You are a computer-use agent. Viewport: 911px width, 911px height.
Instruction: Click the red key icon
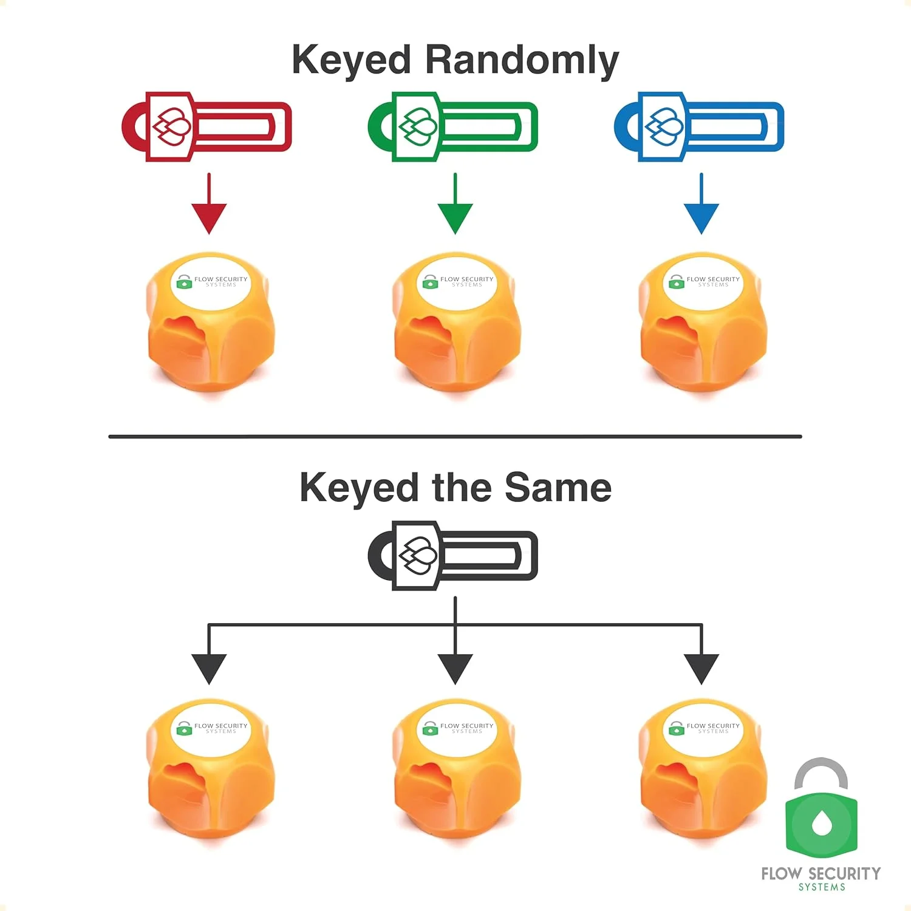click(x=206, y=126)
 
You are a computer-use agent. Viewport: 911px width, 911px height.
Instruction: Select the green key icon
click(x=453, y=126)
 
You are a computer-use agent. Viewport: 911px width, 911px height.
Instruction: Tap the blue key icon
click(x=699, y=126)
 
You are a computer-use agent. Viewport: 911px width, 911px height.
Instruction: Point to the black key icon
click(x=453, y=555)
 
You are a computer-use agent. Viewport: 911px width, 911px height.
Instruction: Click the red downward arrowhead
click(x=209, y=217)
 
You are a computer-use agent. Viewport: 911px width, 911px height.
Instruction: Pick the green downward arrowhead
click(x=455, y=217)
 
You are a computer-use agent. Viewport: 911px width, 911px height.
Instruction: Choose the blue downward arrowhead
click(x=701, y=217)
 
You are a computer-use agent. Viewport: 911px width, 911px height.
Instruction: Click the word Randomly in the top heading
click(x=521, y=61)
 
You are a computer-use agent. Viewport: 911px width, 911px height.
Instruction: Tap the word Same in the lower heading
click(x=558, y=488)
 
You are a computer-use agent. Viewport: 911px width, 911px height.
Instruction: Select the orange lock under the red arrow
click(x=210, y=322)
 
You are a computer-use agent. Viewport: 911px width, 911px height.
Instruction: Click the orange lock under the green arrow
click(x=457, y=322)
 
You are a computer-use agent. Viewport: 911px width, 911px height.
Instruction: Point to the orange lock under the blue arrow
click(x=703, y=322)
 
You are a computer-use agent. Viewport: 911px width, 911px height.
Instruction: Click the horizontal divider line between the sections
click(x=455, y=436)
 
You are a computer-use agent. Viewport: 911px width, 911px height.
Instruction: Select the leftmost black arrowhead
click(x=209, y=668)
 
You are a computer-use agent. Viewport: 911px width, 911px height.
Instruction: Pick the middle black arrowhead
click(x=455, y=668)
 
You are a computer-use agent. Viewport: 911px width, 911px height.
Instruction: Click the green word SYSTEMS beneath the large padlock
click(x=822, y=887)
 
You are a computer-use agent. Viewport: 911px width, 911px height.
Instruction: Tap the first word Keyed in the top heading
click(x=352, y=61)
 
